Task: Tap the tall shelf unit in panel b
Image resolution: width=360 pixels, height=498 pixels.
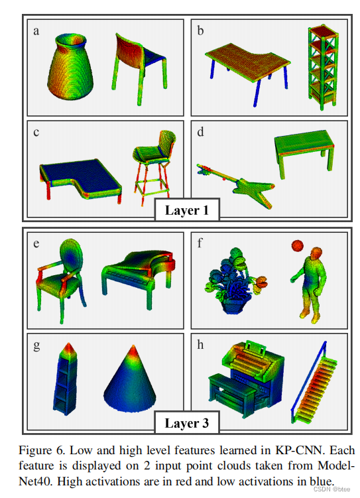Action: (323, 68)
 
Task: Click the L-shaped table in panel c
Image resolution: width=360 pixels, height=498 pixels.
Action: (80, 178)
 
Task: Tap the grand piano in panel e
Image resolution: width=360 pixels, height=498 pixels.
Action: (139, 277)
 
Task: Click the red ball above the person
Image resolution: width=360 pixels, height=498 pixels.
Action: (298, 246)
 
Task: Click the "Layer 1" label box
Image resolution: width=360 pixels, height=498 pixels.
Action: (187, 210)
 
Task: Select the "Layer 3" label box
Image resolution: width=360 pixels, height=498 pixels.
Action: (187, 423)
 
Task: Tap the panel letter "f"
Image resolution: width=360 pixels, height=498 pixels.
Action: (200, 243)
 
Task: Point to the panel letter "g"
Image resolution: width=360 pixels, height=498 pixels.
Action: (36, 345)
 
